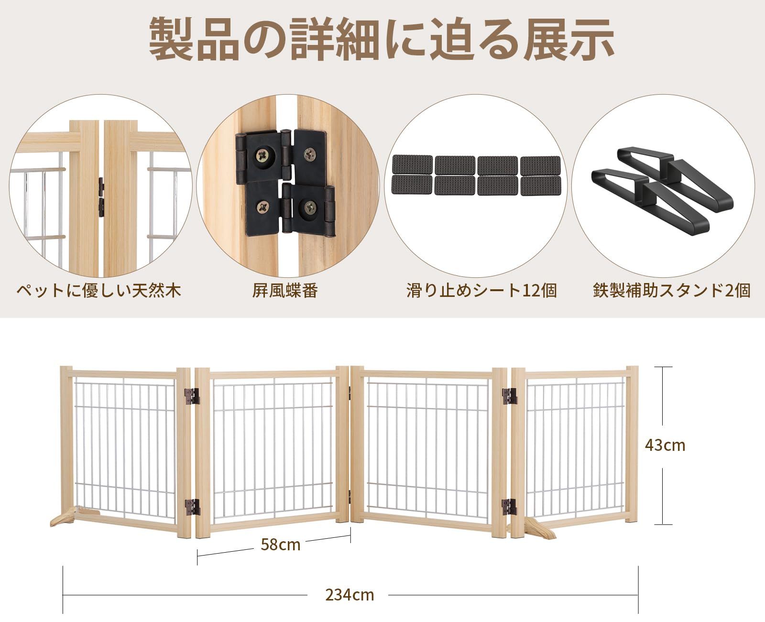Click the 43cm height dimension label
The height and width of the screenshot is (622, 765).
coord(665,446)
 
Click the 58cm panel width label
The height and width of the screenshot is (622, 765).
coord(281,544)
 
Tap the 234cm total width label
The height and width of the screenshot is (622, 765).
coord(350,595)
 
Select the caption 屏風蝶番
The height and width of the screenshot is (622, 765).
coord(285,290)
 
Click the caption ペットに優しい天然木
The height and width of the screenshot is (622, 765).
coord(99,290)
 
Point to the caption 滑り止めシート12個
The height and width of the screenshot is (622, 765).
coord(481,290)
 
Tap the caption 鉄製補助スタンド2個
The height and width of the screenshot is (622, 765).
coord(671,290)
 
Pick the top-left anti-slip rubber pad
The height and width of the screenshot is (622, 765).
coord(412,164)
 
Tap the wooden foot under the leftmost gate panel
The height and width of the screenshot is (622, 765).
coord(65,519)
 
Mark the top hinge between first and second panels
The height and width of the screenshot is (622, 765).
coord(192,396)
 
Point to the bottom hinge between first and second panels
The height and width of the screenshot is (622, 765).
coord(192,507)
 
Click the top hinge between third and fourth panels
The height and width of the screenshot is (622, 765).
coord(509,396)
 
